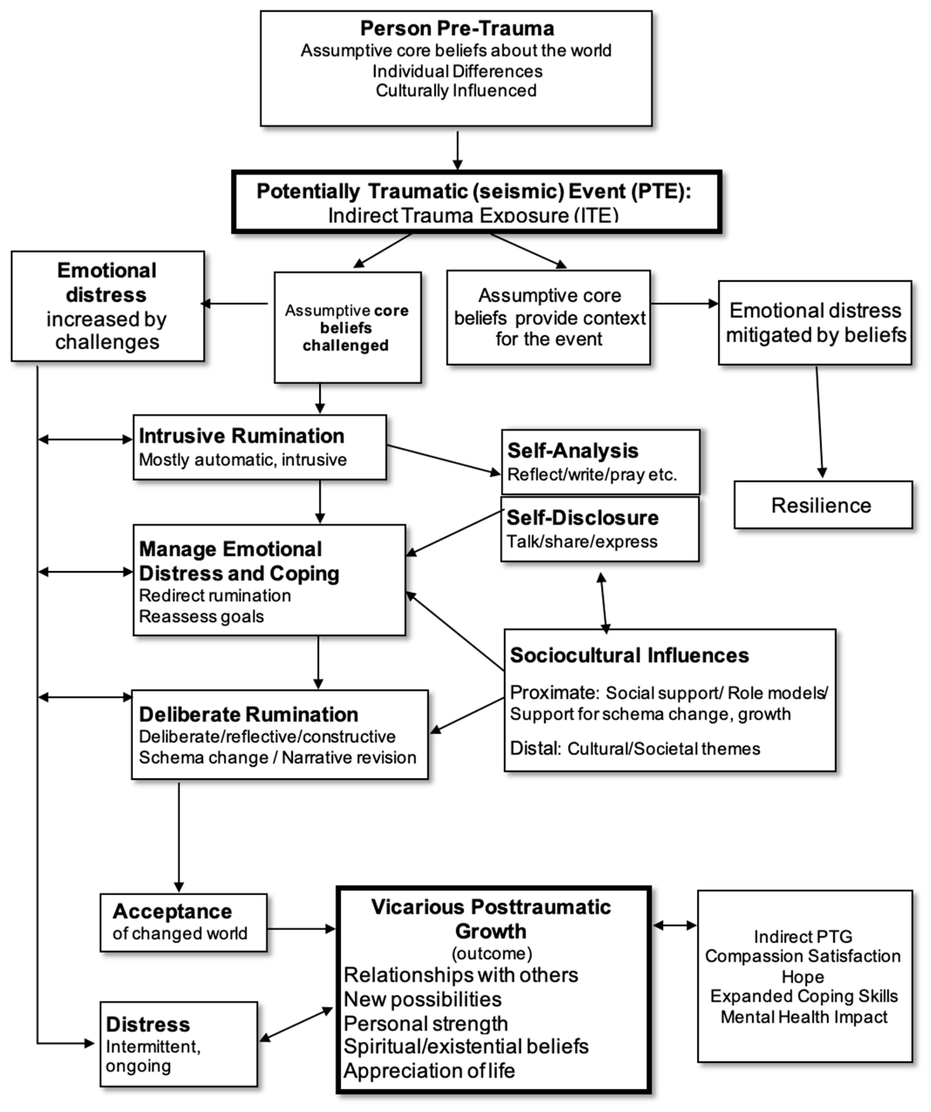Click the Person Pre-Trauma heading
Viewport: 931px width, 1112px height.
[x=457, y=28]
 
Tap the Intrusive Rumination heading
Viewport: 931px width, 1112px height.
[x=242, y=436]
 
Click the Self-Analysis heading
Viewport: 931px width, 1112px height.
[x=573, y=450]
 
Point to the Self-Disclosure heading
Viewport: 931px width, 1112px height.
[x=582, y=517]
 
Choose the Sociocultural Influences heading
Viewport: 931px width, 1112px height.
[x=629, y=655]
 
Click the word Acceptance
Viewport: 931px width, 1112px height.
[x=172, y=911]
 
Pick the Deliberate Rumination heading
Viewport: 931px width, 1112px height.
[x=248, y=714]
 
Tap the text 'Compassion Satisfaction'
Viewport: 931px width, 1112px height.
[x=802, y=956]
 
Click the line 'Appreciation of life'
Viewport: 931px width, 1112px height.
[x=429, y=1070]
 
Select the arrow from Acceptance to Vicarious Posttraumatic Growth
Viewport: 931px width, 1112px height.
[x=301, y=928]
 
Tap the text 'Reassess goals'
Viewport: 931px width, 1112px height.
[x=201, y=616]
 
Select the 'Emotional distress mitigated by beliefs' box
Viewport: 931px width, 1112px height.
[x=815, y=322]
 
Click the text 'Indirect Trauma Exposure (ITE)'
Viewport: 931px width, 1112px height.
[x=473, y=215]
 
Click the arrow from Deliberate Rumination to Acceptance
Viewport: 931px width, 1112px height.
[x=179, y=837]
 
